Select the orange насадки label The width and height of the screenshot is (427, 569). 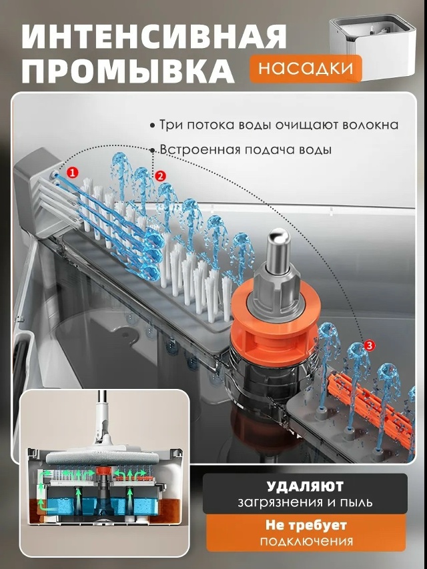click(306, 69)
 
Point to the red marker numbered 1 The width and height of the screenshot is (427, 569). click(73, 172)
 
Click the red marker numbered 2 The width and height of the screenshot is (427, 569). click(159, 176)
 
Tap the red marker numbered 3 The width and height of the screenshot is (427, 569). click(369, 346)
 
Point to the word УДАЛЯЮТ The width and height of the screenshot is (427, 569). click(305, 486)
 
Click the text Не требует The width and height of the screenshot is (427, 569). click(306, 525)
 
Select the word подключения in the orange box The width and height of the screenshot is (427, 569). click(306, 542)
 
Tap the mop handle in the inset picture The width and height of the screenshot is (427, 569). click(103, 417)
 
